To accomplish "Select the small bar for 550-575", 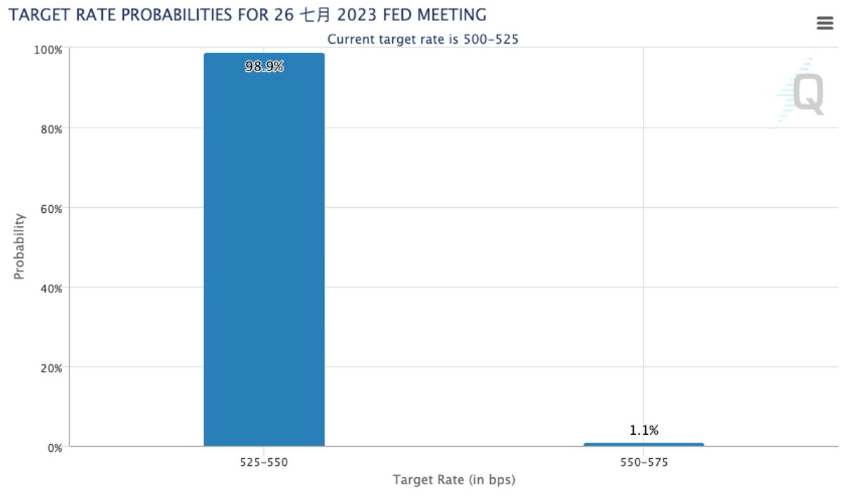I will (x=644, y=444).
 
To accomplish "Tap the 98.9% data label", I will (x=264, y=67).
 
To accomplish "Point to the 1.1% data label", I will (x=644, y=431).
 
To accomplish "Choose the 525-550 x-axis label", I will (x=264, y=463).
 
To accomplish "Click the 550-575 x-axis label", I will (x=644, y=463).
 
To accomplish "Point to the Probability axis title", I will (x=20, y=247).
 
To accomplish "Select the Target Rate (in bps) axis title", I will (x=453, y=481).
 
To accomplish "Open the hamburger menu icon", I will (x=825, y=23).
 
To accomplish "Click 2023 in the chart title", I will (x=358, y=15).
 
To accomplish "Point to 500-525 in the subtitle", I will (x=491, y=39).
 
